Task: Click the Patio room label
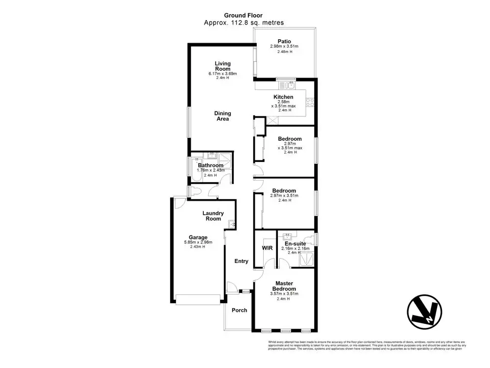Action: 284,41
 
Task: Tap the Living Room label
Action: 222,66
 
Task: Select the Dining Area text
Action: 222,116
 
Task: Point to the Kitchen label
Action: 284,97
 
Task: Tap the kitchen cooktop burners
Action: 310,103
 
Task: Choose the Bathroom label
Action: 211,165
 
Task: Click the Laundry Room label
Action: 214,216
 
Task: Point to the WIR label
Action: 267,248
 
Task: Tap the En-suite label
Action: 295,243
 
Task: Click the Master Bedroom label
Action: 284,286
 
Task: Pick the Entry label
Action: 242,261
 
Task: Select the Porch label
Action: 240,310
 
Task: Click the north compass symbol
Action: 424,312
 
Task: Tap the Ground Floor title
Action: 244,15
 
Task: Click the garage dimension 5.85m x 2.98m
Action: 192,242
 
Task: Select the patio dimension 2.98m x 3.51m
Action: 284,47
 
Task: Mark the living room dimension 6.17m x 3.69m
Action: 222,74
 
